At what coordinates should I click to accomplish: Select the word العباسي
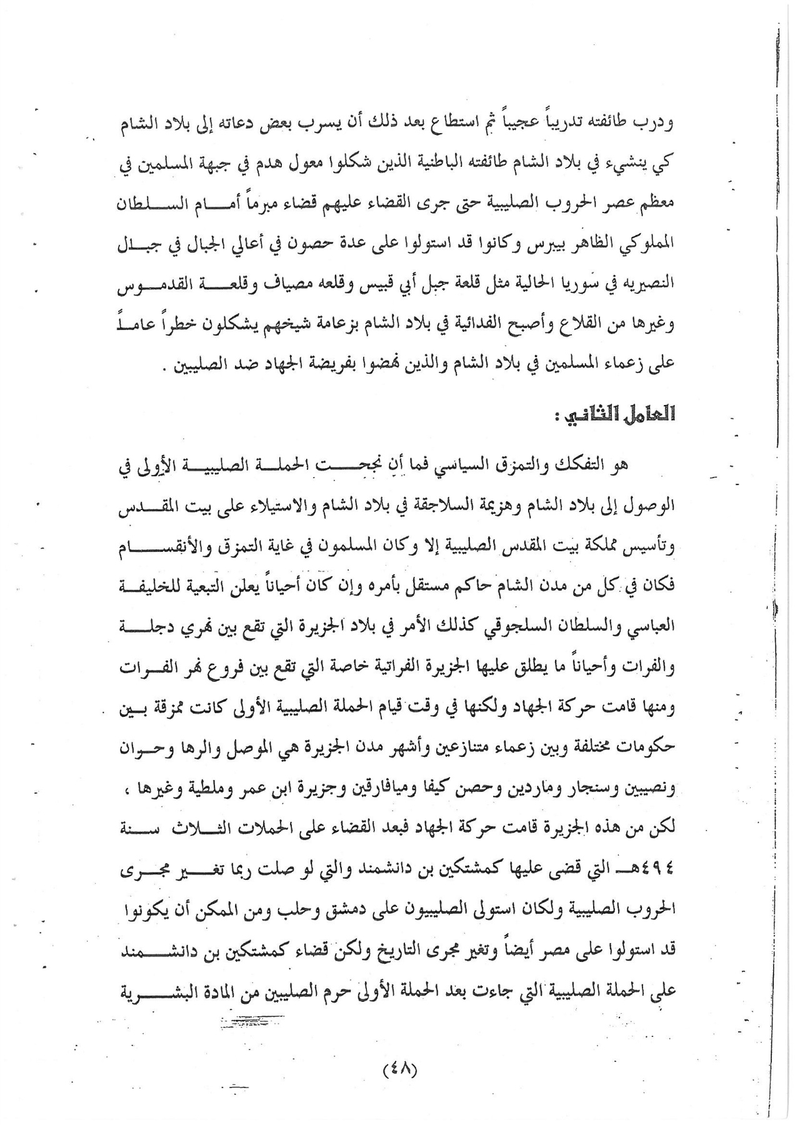[650, 628]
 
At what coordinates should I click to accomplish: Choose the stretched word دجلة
[152, 628]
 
